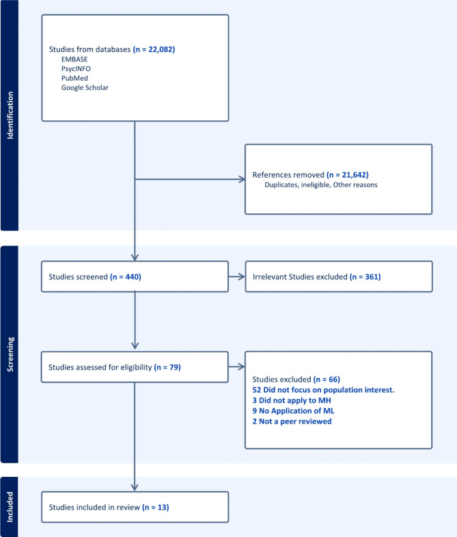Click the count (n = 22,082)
(x=154, y=49)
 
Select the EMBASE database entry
(x=74, y=59)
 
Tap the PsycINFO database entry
(x=76, y=69)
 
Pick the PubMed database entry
(x=74, y=78)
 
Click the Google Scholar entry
(x=85, y=87)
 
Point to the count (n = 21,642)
(x=348, y=175)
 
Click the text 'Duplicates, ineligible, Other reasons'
(x=321, y=185)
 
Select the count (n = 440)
(x=126, y=277)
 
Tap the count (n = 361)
(x=365, y=277)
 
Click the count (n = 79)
(x=167, y=367)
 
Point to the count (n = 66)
(x=327, y=379)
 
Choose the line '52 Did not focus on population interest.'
(x=324, y=390)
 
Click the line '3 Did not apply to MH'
(x=292, y=400)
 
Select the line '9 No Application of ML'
(x=293, y=411)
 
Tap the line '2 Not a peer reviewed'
(x=292, y=422)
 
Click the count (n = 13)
(x=156, y=507)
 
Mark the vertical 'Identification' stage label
(x=10, y=115)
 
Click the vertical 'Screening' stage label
(x=10, y=355)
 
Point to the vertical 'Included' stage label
(x=10, y=507)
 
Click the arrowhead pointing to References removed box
(x=242, y=179)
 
